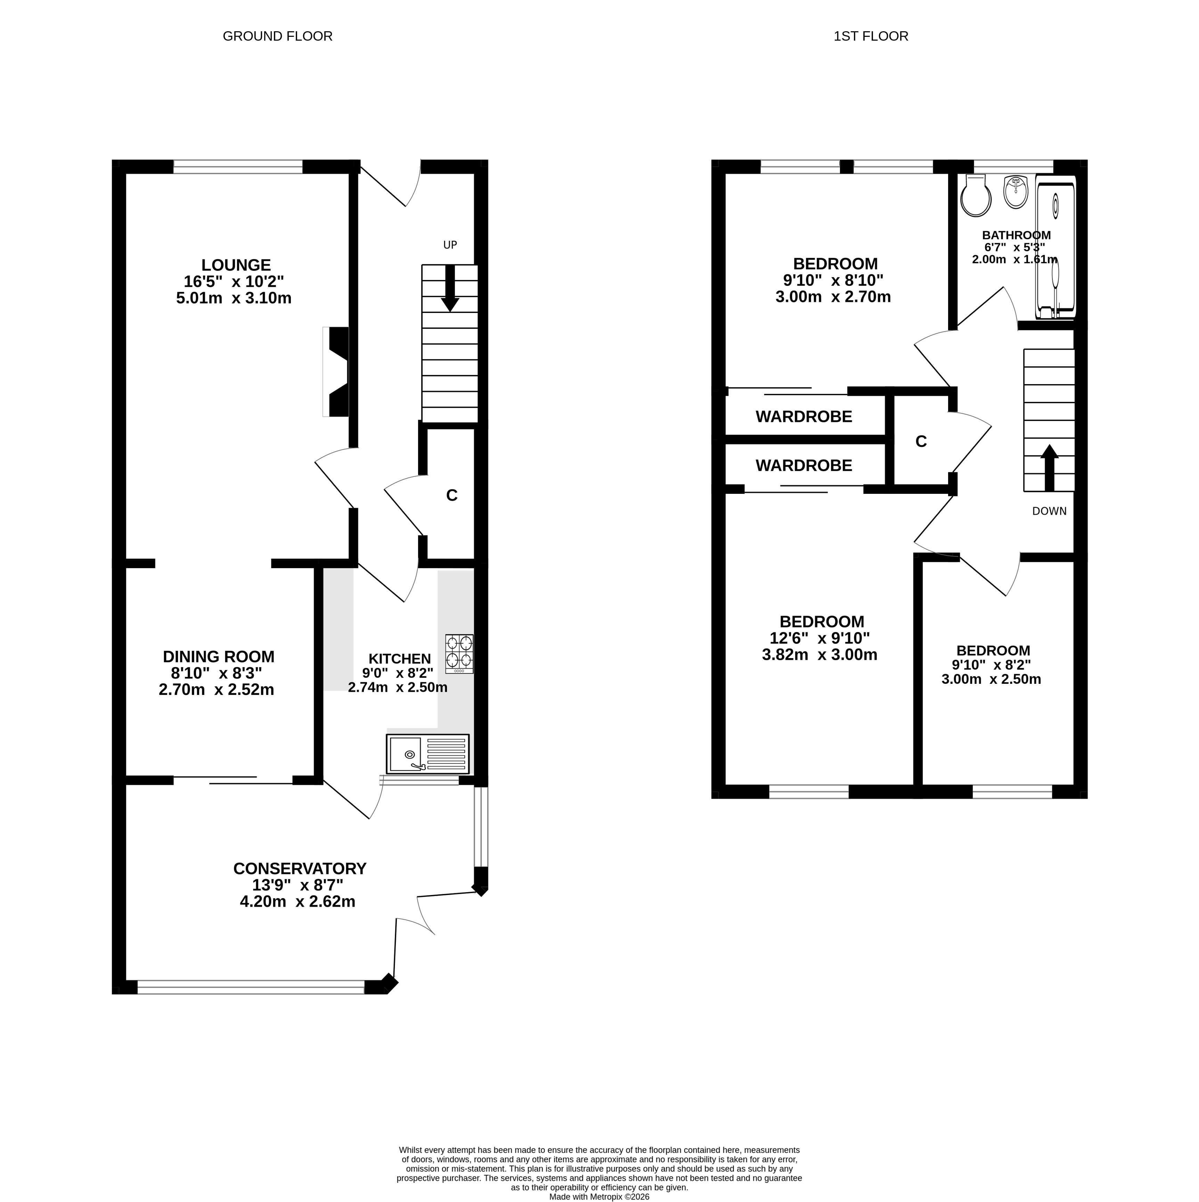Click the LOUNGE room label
click(x=236, y=265)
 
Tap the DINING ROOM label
click(x=219, y=656)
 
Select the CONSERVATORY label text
click(x=300, y=869)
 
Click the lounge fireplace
click(x=336, y=371)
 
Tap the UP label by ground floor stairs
click(x=450, y=245)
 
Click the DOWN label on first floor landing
click(x=1049, y=512)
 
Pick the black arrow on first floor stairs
click(x=1050, y=468)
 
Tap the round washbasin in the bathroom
click(x=1016, y=192)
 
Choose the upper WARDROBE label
click(x=804, y=417)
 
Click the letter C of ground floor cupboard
click(x=452, y=495)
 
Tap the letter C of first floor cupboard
click(x=921, y=441)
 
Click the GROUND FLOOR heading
click(x=278, y=36)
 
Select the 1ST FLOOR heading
click(x=871, y=36)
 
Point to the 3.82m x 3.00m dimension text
click(x=820, y=655)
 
